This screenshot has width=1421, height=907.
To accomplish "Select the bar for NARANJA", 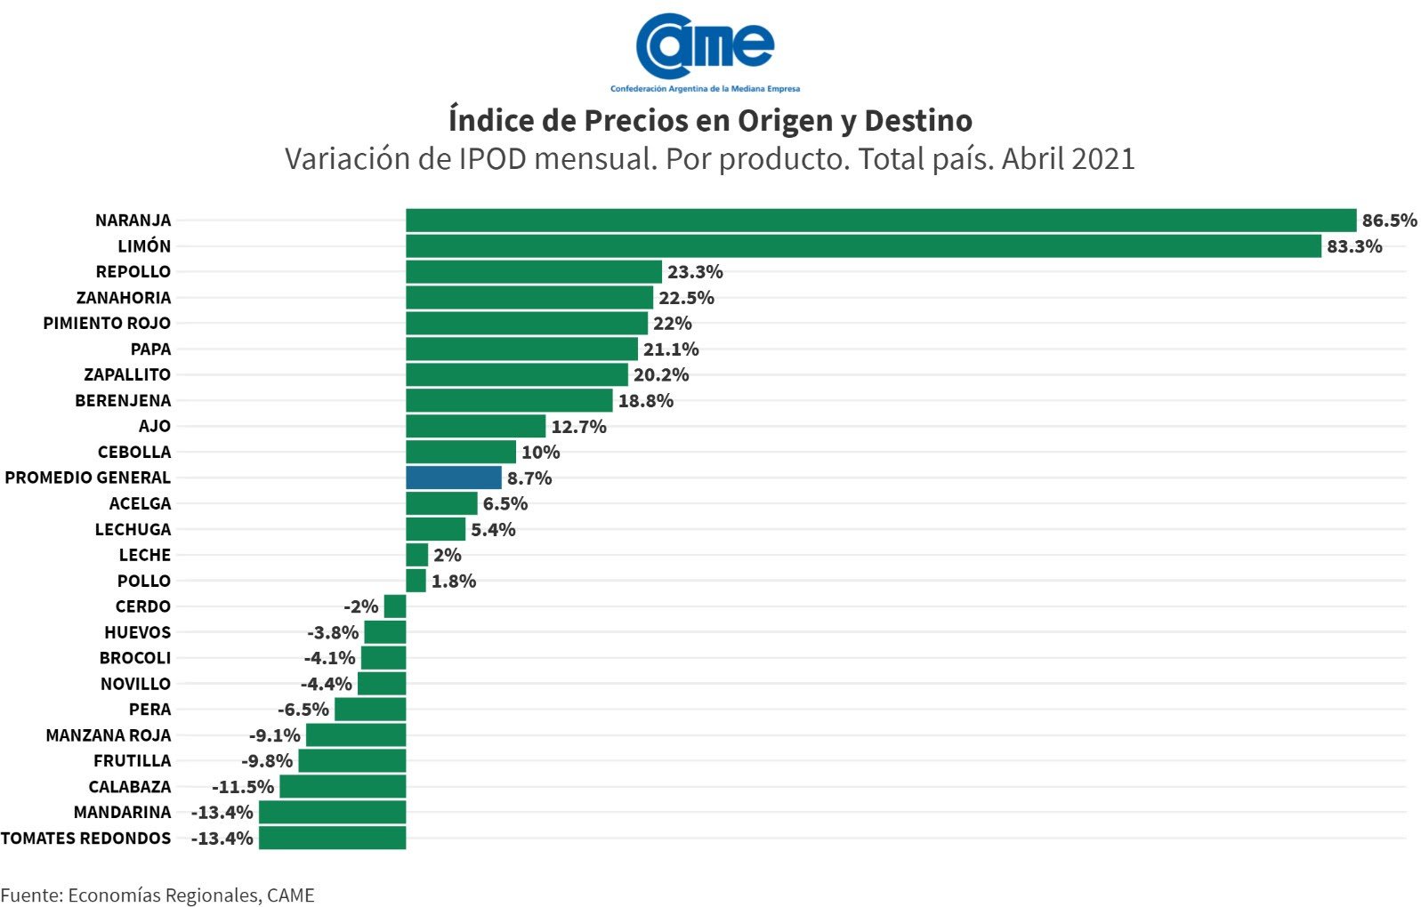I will click(880, 221).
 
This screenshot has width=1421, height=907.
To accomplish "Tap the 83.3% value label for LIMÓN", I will click(1353, 246).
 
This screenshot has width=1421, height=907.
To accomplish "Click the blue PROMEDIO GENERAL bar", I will click(453, 478).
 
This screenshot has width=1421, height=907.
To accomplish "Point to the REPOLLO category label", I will click(133, 272).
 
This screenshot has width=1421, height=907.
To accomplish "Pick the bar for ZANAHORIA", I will click(529, 298).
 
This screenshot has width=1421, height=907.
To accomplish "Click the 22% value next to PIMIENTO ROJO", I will click(672, 324).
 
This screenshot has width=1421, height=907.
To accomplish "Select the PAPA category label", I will click(150, 349).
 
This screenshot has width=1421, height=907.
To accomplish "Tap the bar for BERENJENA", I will click(509, 401).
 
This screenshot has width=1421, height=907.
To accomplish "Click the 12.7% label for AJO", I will click(578, 427).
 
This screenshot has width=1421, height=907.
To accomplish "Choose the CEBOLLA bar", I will click(460, 453).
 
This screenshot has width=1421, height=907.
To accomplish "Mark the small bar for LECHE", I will click(416, 555).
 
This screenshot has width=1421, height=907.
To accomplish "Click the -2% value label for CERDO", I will click(361, 606).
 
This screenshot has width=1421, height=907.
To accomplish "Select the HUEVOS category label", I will click(137, 632).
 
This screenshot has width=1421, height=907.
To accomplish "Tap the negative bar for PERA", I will click(370, 710).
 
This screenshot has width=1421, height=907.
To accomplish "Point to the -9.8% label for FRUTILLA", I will click(267, 761).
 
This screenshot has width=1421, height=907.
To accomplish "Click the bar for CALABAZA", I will click(343, 787).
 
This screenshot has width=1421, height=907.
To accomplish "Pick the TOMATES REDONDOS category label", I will click(85, 839).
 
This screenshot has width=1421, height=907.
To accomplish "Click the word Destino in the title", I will click(918, 120).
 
